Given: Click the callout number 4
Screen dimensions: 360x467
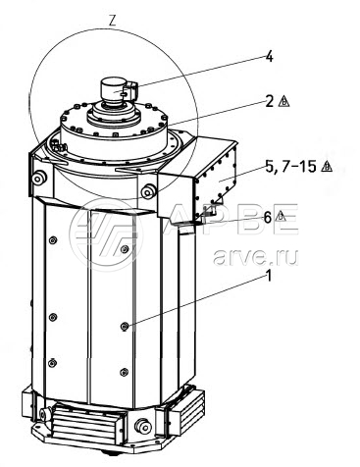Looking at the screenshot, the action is pos(269,57).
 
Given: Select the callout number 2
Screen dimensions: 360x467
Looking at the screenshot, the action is pos(270,101).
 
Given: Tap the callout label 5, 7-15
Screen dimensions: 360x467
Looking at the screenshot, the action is pos(290,167).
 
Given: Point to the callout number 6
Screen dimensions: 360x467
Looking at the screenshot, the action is pos(268,217).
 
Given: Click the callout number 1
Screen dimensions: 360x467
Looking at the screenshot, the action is pos(269,277).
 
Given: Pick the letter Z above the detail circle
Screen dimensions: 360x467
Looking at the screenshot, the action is pos(112,21).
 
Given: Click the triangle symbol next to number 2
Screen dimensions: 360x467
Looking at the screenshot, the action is pos(283,102).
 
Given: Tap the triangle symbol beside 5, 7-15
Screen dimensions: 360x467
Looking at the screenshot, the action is pos(327,167).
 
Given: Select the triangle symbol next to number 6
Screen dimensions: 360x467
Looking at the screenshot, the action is pos(281,216).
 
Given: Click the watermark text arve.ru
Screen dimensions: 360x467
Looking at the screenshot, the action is pos(255,257).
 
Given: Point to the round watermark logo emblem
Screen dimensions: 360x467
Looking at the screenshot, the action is pos(106,234).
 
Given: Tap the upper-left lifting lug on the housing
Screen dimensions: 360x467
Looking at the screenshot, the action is pos(38,178).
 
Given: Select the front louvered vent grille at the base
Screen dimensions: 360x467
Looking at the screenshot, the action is pos(85,424).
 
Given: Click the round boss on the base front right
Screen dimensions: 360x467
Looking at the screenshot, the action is pos(143,426).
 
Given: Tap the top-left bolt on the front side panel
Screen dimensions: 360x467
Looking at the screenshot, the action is pos(52,240).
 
